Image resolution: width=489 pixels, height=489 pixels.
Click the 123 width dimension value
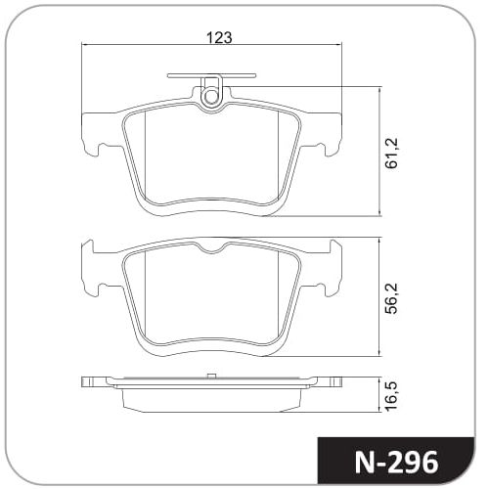click(219, 38)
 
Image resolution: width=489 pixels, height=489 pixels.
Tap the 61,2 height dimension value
click(391, 153)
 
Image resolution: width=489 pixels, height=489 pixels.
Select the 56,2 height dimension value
click(391, 298)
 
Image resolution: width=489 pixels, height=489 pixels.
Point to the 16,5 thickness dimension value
click(391, 395)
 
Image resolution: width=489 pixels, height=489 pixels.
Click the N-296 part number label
click(396, 463)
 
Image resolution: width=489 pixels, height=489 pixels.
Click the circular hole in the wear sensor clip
click(209, 96)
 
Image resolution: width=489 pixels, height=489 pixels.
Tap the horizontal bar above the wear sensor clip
click(211, 76)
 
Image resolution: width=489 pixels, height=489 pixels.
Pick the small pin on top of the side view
click(211, 376)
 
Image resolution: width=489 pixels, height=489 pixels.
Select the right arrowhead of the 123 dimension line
click(337, 45)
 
